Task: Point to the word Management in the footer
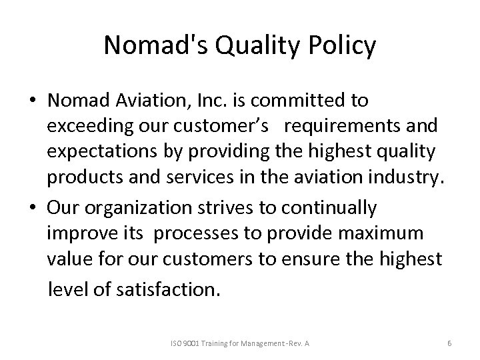pyautogui.click(x=264, y=343)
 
